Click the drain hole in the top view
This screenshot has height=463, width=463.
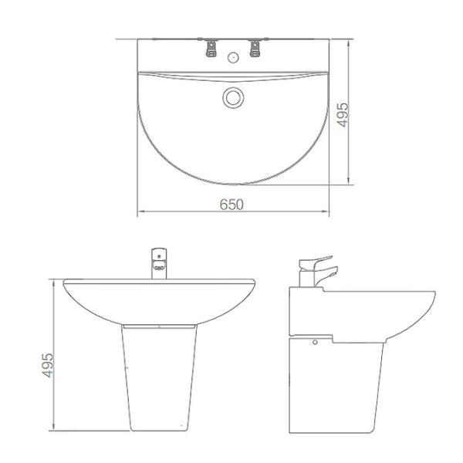(x=232, y=97)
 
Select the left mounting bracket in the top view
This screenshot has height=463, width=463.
(x=210, y=48)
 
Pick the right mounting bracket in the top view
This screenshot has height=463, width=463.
(x=254, y=48)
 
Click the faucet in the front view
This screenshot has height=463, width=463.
(x=159, y=262)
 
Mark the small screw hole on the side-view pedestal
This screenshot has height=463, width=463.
(x=315, y=338)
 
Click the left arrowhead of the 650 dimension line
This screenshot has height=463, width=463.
(x=140, y=214)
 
